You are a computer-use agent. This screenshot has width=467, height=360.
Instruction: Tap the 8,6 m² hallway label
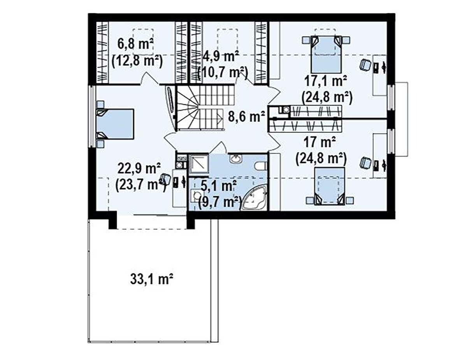click(246, 117)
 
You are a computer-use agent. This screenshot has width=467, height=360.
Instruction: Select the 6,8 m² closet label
click(135, 44)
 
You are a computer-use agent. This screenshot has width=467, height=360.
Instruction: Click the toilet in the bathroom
click(261, 166)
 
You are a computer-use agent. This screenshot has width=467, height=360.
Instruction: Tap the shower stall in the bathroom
click(199, 164)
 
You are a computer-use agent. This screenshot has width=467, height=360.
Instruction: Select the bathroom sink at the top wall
click(236, 159)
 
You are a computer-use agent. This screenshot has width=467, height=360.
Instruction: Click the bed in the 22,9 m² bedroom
click(115, 124)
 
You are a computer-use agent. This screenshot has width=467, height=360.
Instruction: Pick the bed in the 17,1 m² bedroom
click(326, 54)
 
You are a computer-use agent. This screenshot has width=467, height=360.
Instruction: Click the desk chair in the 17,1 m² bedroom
click(365, 65)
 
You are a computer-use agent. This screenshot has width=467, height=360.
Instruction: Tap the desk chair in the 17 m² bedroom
click(365, 163)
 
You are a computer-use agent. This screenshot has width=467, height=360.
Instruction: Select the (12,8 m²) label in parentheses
click(137, 61)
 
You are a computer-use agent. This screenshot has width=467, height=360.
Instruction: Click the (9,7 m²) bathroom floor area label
click(219, 202)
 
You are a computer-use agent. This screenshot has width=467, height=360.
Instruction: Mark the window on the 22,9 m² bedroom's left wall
click(92, 116)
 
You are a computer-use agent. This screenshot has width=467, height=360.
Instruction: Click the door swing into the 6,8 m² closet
click(150, 79)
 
